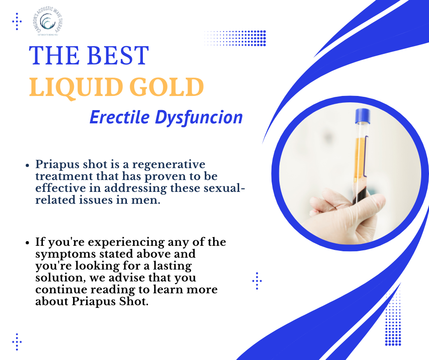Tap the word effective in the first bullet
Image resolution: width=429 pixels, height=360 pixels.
click(x=58, y=189)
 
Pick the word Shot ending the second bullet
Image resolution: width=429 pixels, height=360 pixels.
click(x=136, y=302)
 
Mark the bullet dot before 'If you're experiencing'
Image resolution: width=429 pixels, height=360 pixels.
click(x=28, y=242)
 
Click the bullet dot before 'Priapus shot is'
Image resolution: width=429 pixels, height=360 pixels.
click(x=28, y=165)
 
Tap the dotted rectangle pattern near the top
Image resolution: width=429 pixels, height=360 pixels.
click(x=235, y=38)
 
